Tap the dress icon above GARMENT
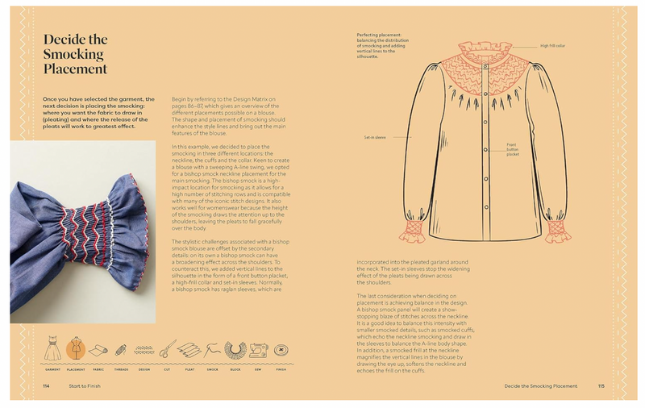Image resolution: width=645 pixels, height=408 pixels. tap(54, 350)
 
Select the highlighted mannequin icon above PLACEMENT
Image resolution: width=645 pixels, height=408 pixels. tap(76, 350)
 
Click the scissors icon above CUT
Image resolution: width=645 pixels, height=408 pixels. tap(167, 350)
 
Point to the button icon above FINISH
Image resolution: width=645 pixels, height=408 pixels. tap(281, 350)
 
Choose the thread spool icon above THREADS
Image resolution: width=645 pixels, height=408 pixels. tap(121, 350)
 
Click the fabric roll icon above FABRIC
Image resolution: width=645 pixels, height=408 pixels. tap(98, 350)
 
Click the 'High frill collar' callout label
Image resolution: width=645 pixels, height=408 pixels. tap(554, 46)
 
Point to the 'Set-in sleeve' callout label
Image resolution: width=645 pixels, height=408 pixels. tap(377, 138)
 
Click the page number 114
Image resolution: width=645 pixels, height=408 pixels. tap(47, 386)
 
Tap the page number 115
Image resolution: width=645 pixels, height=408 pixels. tap(601, 386)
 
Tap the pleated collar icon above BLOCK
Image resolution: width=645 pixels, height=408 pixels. tap(236, 350)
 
